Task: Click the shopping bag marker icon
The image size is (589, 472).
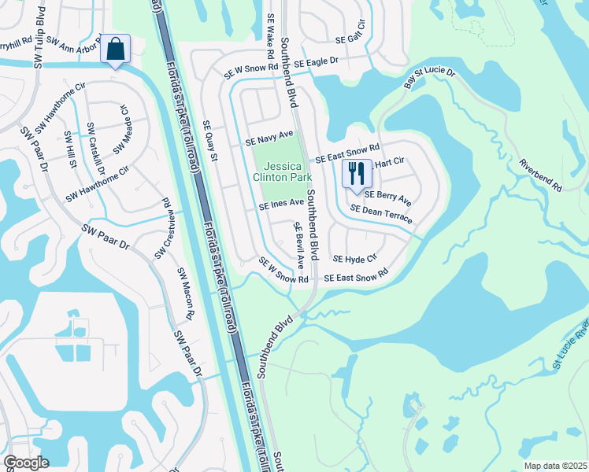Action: [x=116, y=49]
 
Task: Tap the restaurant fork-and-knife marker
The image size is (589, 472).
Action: [x=357, y=174]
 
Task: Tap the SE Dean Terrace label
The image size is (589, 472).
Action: [x=381, y=214]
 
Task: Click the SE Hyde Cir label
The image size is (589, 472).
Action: [x=355, y=258]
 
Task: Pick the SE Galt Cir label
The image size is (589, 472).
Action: [x=351, y=39]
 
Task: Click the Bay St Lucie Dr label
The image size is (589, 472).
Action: [x=430, y=76]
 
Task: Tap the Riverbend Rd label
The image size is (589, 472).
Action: [x=540, y=175]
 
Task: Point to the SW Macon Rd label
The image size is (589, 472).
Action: [x=184, y=294]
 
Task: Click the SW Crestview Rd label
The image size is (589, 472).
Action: [x=164, y=230]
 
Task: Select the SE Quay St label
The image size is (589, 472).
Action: [x=209, y=141]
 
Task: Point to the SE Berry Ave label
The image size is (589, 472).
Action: [x=387, y=197]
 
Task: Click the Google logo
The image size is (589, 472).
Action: [x=27, y=463]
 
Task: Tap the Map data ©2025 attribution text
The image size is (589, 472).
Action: [x=555, y=466]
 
